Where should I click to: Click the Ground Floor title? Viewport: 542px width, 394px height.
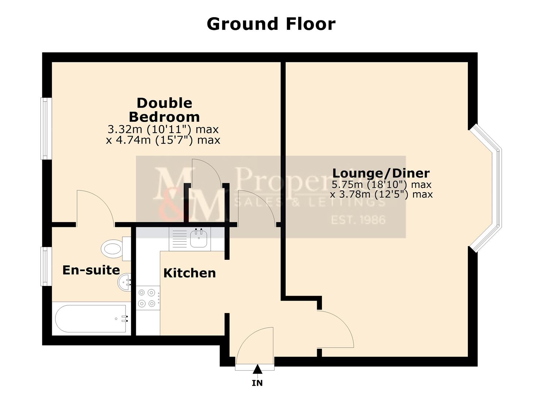click(271, 24)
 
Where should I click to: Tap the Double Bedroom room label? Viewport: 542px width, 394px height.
click(164, 110)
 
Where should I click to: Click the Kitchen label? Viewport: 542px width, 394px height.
click(189, 273)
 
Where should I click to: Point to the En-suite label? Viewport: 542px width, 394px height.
click(91, 270)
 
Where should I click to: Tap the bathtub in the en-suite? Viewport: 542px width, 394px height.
click(91, 318)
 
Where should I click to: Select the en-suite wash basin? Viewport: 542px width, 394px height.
click(124, 282)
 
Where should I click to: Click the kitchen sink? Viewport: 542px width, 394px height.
click(199, 239)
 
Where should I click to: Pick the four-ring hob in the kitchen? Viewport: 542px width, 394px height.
click(148, 298)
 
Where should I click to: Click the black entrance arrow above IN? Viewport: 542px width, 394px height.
click(258, 369)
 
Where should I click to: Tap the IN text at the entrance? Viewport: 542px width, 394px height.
click(257, 383)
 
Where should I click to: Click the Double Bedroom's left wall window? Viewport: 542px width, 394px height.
click(45, 128)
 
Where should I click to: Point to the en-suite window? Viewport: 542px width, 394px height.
click(45, 266)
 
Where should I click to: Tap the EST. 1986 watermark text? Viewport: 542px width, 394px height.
click(358, 220)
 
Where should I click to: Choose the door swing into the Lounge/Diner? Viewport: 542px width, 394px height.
click(334, 328)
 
